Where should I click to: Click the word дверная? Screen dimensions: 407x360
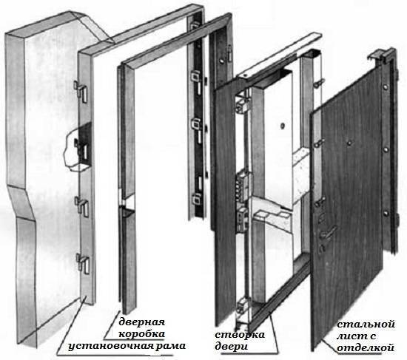pos(142,323)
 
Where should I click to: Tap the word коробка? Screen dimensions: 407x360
pos(142,334)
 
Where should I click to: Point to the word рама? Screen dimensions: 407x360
pos(170,346)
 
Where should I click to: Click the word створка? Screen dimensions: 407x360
pos(240,335)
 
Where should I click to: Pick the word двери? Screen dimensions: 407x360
pos(232,347)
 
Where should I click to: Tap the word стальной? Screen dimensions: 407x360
pos(366,325)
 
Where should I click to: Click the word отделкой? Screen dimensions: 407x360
pos(366,348)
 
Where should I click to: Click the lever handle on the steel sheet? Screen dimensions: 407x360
pos(327,232)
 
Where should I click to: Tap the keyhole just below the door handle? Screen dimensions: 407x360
pos(322,248)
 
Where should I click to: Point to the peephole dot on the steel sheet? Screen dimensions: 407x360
pos(349,143)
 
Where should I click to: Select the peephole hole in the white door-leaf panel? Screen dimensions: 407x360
pos(283,126)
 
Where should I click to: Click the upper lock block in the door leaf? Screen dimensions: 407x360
pos(243,186)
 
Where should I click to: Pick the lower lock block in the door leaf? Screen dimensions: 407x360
pos(243,220)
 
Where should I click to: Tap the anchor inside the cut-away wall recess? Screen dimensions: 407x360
pos(82,150)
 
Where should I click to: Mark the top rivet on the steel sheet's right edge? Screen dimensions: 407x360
pos(385,86)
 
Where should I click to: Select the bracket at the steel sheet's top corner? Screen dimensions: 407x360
pos(380,55)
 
